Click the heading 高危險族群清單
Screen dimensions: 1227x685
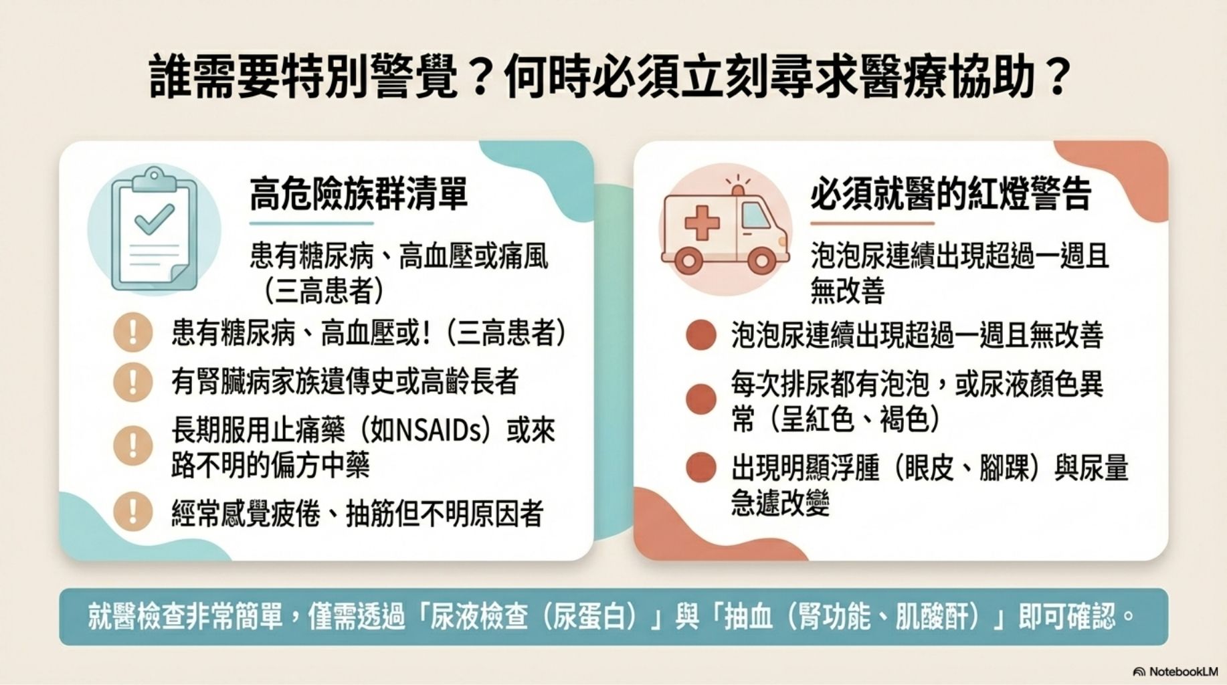click(x=359, y=195)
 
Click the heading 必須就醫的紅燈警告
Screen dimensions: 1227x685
click(x=951, y=194)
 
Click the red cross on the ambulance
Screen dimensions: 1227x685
click(x=702, y=223)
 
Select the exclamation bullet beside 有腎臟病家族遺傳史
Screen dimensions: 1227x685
click(x=132, y=382)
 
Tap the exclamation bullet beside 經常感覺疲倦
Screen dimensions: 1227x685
click(x=132, y=512)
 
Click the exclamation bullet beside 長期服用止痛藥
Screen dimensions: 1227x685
click(x=132, y=446)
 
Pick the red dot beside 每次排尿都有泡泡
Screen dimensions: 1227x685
click(x=701, y=399)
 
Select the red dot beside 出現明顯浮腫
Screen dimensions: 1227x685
click(x=701, y=468)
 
